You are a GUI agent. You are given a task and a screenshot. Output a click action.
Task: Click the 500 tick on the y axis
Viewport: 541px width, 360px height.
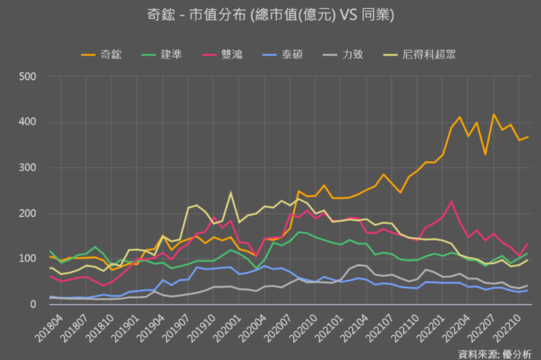point(28,77)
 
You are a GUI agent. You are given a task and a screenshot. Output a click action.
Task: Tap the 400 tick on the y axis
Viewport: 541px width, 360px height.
point(28,122)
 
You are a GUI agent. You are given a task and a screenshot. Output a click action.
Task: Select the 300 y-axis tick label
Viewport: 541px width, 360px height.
point(28,168)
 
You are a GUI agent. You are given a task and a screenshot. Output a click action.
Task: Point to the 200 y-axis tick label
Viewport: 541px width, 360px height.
point(28,214)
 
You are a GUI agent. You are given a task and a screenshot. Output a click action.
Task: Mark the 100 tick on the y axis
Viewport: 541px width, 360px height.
point(28,259)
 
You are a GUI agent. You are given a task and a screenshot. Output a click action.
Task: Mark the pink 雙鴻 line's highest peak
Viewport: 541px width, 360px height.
point(451,201)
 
